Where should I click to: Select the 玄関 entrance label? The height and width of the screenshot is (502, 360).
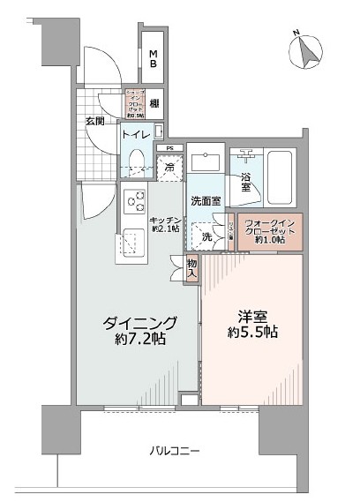[95, 121]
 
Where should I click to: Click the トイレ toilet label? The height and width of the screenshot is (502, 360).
[135, 135]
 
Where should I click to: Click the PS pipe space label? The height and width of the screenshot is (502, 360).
[169, 147]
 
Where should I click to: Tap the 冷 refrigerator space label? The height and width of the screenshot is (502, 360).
[169, 165]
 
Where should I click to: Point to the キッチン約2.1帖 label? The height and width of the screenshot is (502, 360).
[166, 224]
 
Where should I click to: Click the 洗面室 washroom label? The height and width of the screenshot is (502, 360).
[205, 200]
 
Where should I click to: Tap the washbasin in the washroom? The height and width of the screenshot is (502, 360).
[208, 162]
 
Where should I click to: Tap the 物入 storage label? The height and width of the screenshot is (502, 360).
[191, 267]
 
